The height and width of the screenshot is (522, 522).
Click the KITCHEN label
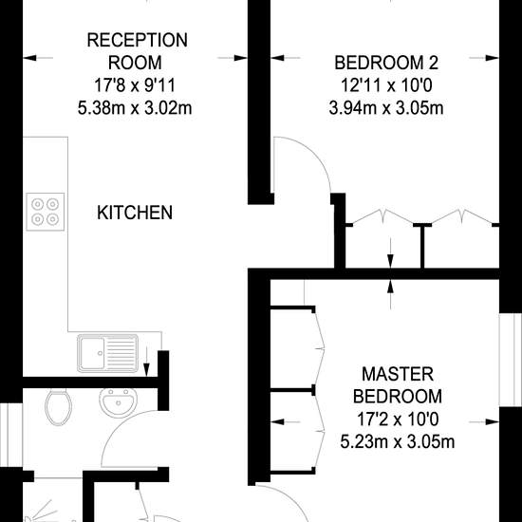coord(135,213)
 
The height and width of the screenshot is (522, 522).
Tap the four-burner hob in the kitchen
coord(46,212)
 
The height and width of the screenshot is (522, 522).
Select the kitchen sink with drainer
coord(108,353)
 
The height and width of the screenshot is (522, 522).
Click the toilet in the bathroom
coord(58,407)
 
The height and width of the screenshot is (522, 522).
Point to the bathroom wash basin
coord(119,402)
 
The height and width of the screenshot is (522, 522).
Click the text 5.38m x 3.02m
coord(135,108)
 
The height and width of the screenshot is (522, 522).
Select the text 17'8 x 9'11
coord(135,85)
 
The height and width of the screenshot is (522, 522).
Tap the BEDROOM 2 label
coord(386,63)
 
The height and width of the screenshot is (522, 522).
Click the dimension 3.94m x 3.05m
coord(386,108)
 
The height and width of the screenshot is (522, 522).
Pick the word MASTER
coord(398,374)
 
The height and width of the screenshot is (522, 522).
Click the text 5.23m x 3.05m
coord(398,442)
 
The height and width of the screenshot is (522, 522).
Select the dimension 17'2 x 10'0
coord(398,419)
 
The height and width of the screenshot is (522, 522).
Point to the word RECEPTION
coord(138,40)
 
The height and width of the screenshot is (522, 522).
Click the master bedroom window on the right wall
coord(511,360)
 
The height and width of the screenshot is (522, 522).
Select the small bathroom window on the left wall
coord(11,435)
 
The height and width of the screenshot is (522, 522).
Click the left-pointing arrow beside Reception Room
coord(38,58)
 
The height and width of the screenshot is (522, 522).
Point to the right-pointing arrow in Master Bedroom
coord(484,422)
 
